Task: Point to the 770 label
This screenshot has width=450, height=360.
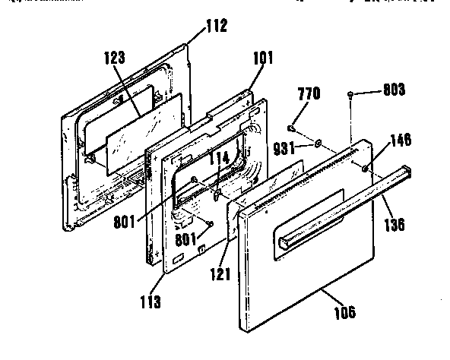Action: [x=310, y=94]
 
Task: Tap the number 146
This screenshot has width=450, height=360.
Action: [x=401, y=140]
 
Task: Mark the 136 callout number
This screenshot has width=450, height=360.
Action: [x=394, y=224]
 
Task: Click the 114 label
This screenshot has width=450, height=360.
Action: [x=220, y=158]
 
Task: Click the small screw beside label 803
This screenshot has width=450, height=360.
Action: [x=350, y=95]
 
